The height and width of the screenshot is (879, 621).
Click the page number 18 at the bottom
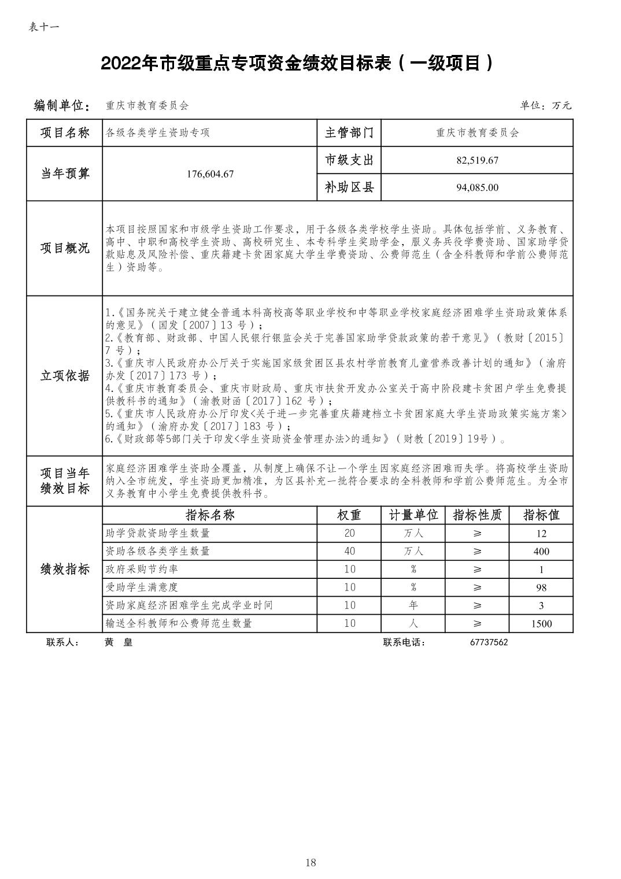pos(310,863)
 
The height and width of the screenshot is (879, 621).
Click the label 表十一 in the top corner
pos(43,27)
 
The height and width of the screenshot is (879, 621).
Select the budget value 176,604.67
pos(210,173)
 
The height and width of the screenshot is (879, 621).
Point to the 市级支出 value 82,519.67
pos(477,160)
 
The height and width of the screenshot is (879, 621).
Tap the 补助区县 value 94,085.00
pos(477,187)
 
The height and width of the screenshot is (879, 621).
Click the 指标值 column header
pos(541,515)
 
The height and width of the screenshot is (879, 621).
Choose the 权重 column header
pos(349,515)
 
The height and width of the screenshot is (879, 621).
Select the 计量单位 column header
pos(413,515)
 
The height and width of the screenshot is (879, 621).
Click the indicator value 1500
pos(541,623)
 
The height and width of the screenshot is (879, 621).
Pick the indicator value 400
pos(541,551)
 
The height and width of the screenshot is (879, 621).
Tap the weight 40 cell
pos(349,551)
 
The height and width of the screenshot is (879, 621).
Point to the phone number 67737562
pos(489,642)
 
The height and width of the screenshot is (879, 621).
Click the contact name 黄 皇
pos(119,642)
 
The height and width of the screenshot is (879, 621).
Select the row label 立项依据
pos(65,376)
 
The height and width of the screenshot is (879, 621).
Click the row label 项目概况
pos(65,249)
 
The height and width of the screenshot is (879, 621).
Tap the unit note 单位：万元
pos(545,105)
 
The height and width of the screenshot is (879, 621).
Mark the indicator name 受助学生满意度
pos(142,588)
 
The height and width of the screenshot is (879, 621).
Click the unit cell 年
pos(413,605)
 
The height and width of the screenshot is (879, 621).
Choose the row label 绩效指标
pos(65,569)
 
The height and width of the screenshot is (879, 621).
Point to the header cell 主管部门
pos(349,133)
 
